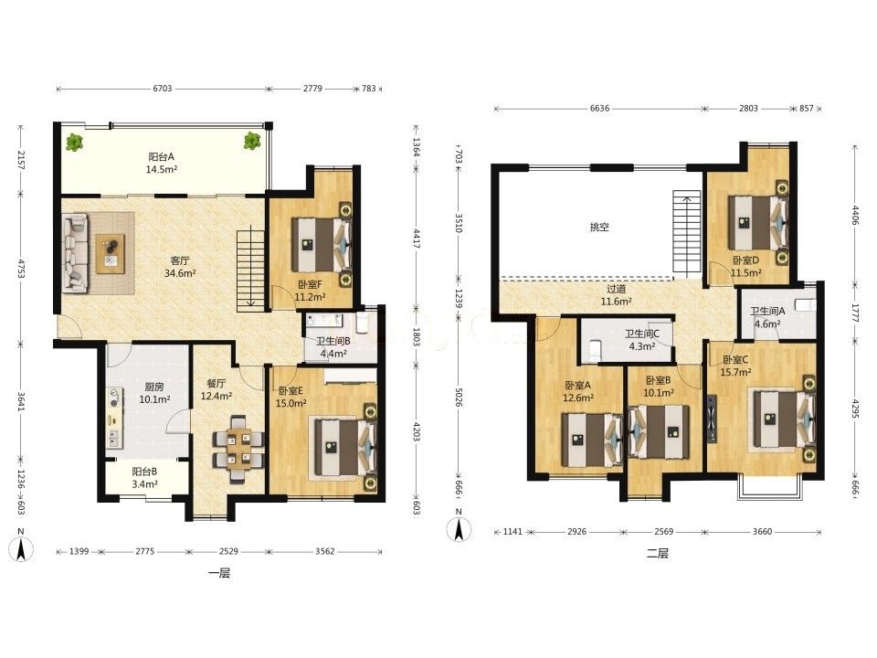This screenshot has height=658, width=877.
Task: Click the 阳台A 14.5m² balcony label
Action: (162, 163)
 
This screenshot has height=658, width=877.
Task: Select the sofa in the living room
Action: (75, 254)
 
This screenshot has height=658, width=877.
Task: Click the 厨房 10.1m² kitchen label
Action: (154, 393)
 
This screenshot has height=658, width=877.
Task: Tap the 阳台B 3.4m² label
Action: (144, 478)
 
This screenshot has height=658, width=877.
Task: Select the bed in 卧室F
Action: (322, 245)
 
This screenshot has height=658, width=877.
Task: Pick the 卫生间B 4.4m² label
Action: (333, 347)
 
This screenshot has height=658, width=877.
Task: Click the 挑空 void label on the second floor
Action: (599, 227)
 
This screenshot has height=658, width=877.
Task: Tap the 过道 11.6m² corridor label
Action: (617, 295)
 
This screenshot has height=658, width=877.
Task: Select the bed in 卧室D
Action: (757, 222)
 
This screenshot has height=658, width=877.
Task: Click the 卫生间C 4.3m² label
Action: (642, 340)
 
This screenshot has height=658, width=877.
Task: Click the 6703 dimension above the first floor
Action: (163, 89)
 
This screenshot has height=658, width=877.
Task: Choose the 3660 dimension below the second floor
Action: (762, 532)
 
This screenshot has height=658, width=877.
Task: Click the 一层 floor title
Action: (219, 574)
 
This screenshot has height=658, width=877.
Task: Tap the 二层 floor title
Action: (657, 554)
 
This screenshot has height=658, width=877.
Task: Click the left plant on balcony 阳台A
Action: (74, 143)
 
